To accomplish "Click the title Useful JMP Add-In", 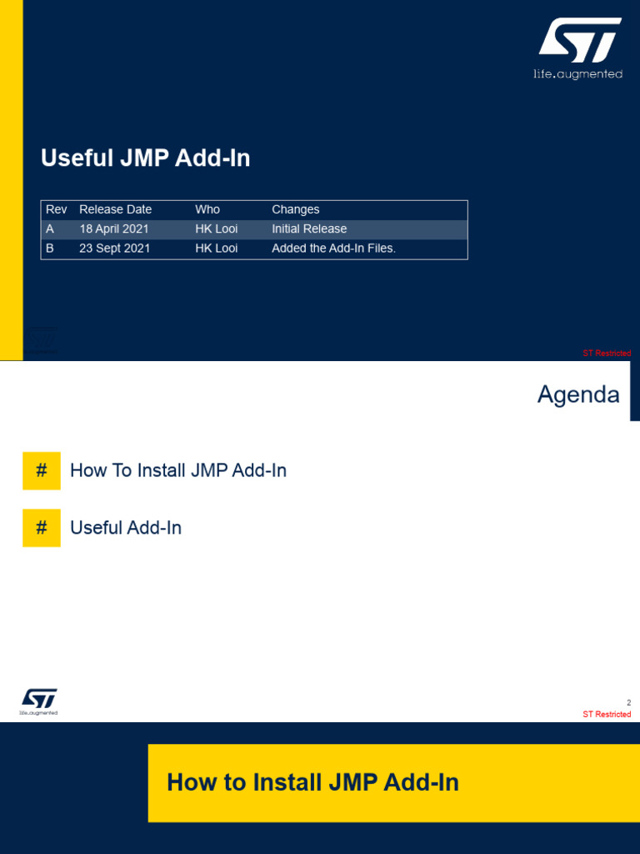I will [x=146, y=158].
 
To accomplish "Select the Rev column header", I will [x=56, y=209].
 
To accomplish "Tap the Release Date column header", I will [x=115, y=209].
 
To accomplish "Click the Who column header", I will [x=207, y=209].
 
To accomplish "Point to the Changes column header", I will [x=295, y=209].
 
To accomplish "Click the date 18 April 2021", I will [x=113, y=229].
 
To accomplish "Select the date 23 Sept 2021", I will [x=114, y=248].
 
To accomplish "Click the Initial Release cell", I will [x=309, y=229].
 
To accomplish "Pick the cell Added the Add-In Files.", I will [x=333, y=248].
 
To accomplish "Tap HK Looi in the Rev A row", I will [x=216, y=229].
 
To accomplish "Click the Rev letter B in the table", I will [x=50, y=248].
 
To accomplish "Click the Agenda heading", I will [x=578, y=394].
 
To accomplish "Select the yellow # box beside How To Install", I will [x=42, y=470].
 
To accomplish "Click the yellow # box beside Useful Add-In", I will [x=42, y=528].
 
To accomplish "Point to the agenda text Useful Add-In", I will [x=126, y=528].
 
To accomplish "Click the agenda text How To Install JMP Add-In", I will [x=178, y=470].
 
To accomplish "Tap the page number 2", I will [x=628, y=702].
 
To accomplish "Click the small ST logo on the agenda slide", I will [x=39, y=701].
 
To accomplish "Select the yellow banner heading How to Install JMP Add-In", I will [x=312, y=782].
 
